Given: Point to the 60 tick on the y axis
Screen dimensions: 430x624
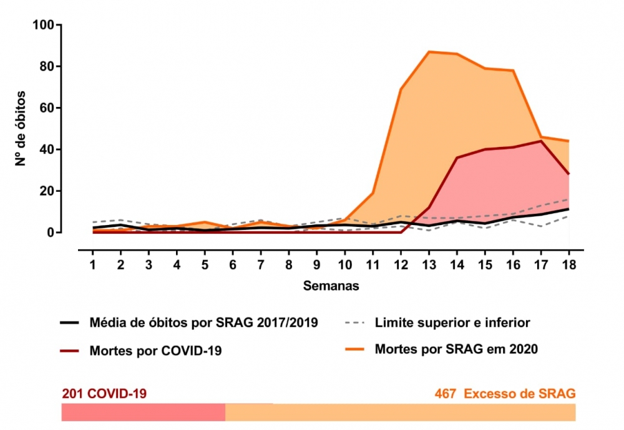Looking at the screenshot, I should (49, 108).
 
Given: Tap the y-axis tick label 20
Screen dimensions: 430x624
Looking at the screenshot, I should (49, 191).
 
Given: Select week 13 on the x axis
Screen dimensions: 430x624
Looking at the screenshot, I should (429, 264).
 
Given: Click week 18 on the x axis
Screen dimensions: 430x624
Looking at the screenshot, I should (568, 264).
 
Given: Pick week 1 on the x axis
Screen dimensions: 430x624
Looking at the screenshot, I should (93, 264).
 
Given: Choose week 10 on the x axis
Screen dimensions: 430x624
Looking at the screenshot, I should (344, 264).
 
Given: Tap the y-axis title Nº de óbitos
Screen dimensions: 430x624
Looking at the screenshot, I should (21, 129).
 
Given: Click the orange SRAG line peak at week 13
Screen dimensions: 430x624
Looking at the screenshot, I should (429, 52).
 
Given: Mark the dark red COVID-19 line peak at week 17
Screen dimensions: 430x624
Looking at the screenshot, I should (541, 141).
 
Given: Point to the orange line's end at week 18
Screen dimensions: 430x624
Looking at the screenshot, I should (568, 141).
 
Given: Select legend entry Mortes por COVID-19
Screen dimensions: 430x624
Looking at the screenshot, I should (155, 351).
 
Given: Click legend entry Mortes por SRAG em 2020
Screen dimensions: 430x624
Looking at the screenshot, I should (456, 349).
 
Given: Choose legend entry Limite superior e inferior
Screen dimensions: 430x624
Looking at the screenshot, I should (452, 323).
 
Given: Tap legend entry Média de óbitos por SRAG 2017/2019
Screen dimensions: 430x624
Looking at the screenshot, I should (203, 323).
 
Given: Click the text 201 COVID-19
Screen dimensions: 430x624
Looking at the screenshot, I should (104, 394).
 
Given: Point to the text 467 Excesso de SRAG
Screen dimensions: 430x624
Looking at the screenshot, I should (505, 394).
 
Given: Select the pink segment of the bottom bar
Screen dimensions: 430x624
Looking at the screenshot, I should (143, 412).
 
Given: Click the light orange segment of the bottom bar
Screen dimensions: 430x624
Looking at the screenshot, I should (400, 412).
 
